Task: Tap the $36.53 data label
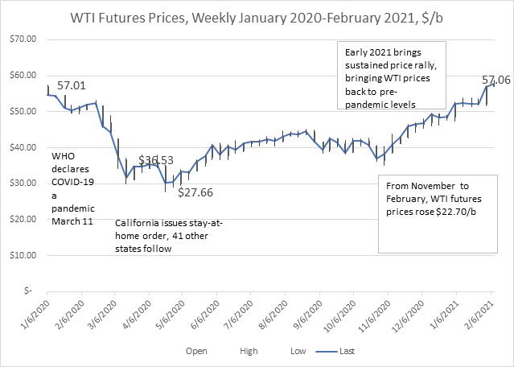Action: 157,160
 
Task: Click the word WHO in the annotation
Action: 64,156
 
